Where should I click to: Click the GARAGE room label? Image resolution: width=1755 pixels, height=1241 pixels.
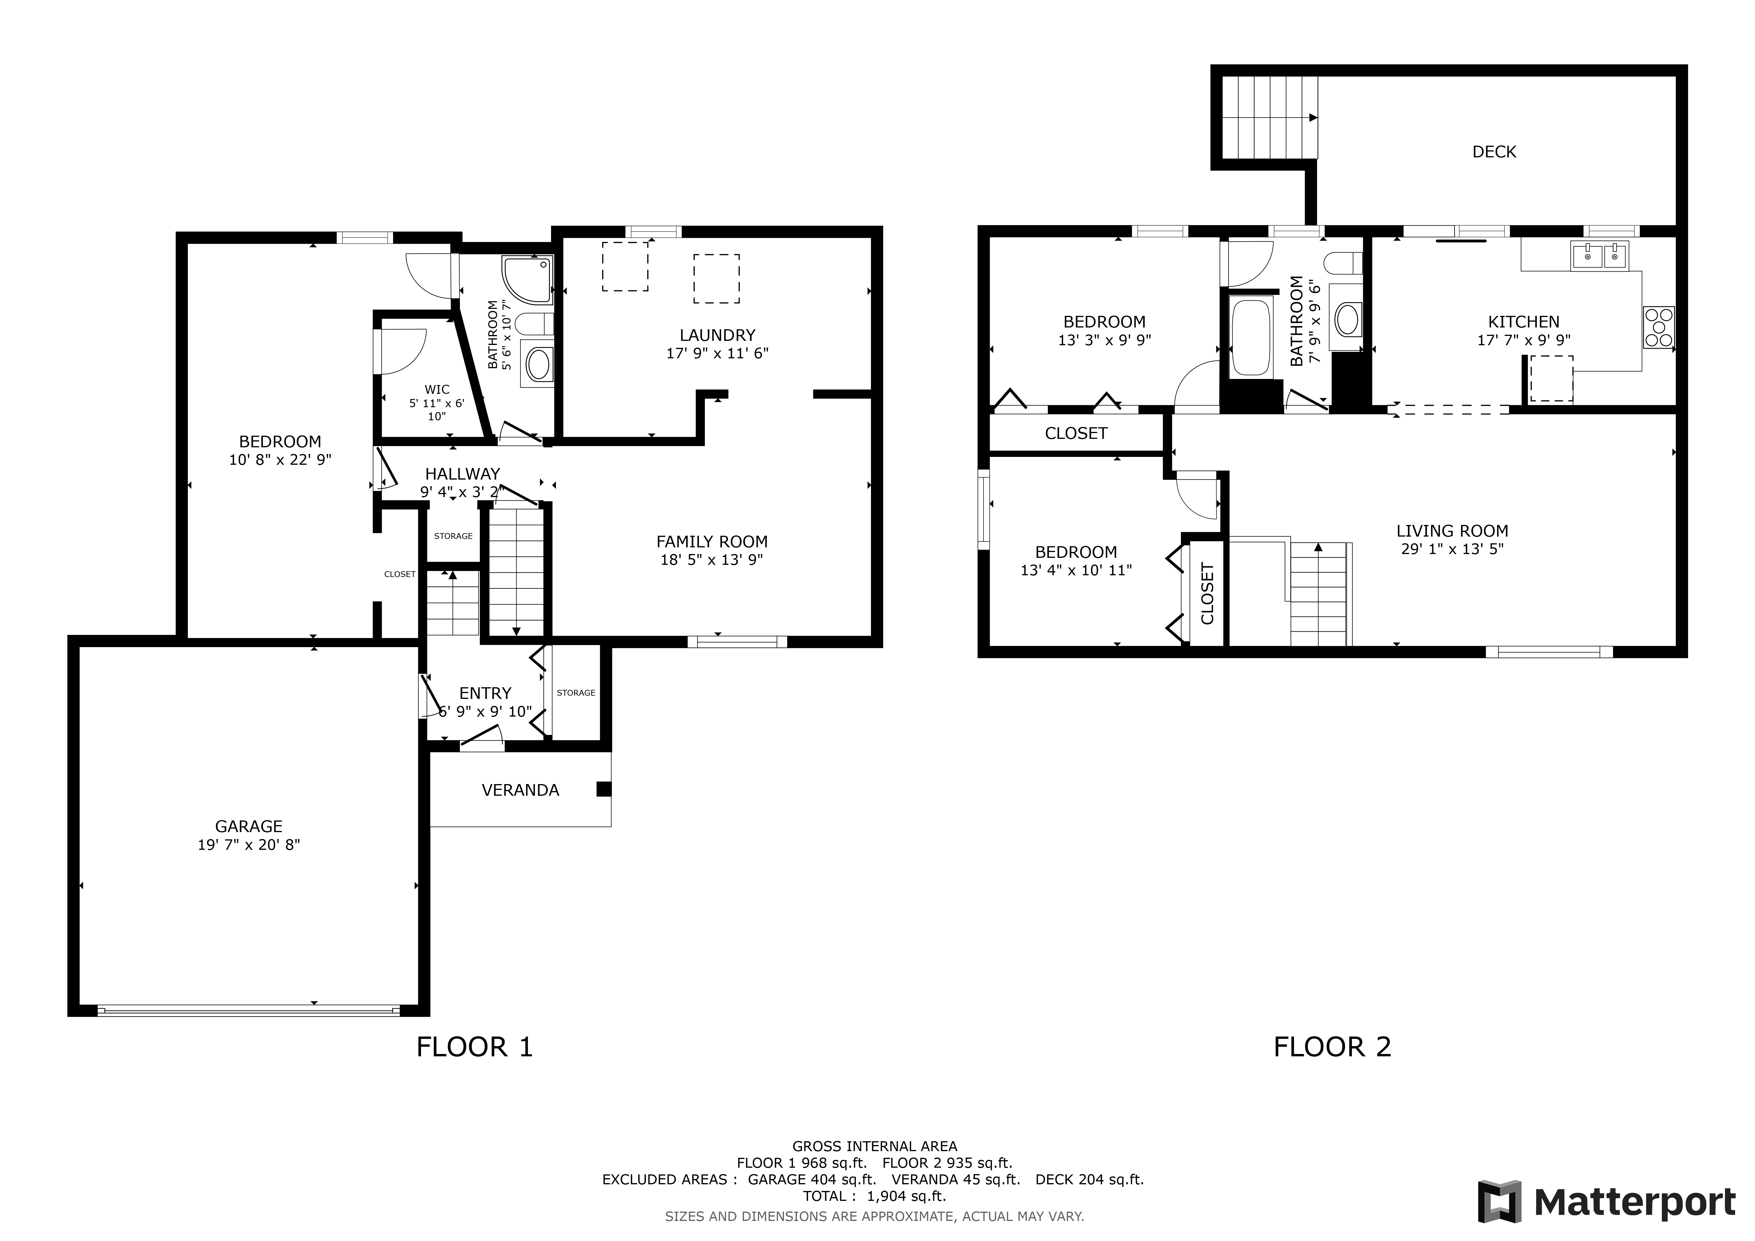(x=248, y=826)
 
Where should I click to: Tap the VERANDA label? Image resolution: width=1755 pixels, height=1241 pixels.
(x=520, y=790)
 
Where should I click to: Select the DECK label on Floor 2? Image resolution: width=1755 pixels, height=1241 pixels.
(x=1494, y=151)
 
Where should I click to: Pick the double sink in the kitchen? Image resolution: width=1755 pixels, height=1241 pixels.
(x=1600, y=255)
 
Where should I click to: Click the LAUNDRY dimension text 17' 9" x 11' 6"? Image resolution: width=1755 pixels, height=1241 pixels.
(x=717, y=353)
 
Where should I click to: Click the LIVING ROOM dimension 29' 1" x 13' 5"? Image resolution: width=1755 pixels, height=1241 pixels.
(x=1452, y=549)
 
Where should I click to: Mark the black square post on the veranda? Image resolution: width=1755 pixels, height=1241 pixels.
(x=604, y=789)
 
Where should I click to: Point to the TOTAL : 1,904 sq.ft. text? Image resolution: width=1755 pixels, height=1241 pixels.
(x=874, y=1196)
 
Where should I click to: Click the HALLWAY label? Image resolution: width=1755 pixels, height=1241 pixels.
(x=463, y=474)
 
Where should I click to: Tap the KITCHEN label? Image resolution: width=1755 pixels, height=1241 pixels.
(x=1523, y=322)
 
